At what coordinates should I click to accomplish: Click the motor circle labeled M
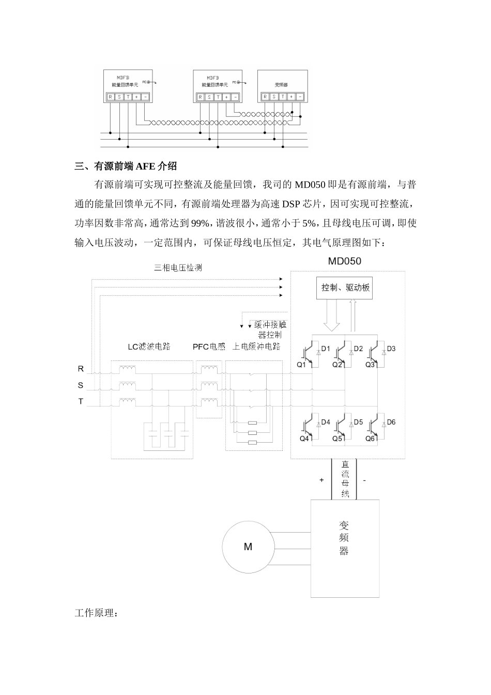[248, 547]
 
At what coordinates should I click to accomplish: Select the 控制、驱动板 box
[345, 288]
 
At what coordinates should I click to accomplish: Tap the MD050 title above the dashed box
[345, 261]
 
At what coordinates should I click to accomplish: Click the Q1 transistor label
[301, 365]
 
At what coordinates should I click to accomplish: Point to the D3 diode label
[391, 349]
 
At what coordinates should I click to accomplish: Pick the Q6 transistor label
[370, 439]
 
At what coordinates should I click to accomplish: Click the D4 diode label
[325, 422]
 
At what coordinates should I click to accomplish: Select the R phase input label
[81, 369]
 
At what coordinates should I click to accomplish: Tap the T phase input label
[81, 401]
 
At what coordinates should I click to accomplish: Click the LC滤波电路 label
[149, 346]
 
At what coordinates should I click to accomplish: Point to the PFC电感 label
[209, 346]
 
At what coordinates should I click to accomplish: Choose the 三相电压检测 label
[178, 268]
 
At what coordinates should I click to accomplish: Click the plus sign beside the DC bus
[321, 480]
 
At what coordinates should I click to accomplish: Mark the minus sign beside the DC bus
[364, 480]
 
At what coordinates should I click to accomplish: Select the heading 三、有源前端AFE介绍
[126, 166]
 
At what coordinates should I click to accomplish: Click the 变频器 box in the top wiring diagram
[282, 86]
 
